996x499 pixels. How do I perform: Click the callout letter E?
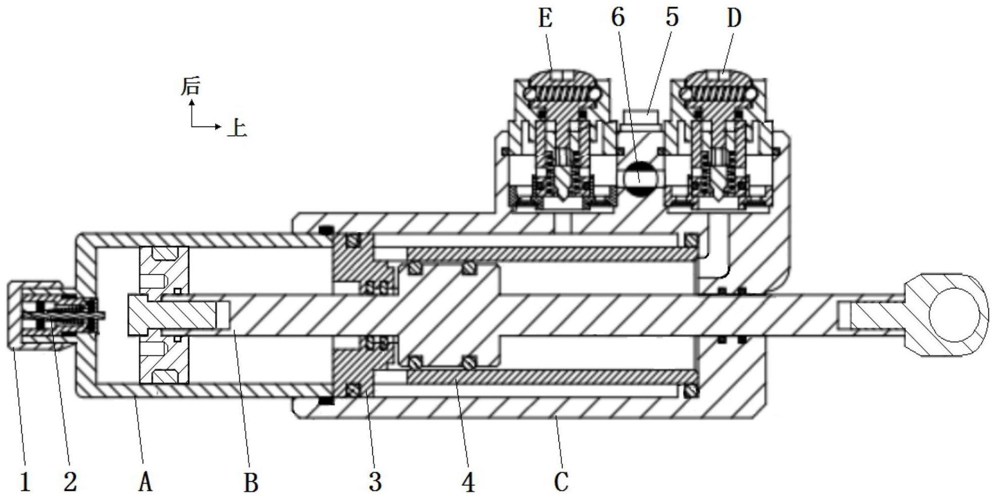[545, 19]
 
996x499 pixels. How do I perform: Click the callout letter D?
[734, 19]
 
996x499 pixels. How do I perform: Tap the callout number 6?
[618, 18]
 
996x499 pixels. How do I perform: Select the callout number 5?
[672, 18]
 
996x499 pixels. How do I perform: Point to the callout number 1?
[25, 481]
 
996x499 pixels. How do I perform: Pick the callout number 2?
[70, 481]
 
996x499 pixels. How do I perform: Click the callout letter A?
[145, 481]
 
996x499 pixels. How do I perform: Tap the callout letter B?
[251, 482]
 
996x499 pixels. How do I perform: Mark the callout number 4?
[468, 482]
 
